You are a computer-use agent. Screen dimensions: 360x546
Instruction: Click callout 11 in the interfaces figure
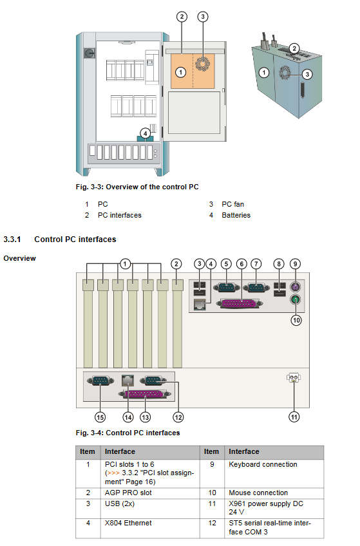pos(294,417)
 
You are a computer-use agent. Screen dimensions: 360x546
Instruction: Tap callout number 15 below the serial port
pos(100,417)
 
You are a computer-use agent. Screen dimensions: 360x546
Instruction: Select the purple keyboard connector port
pos(295,287)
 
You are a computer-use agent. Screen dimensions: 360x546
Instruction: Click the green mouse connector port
pos(295,299)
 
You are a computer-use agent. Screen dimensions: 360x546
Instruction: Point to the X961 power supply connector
pos(294,377)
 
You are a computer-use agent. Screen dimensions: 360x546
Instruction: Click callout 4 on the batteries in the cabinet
pos(145,133)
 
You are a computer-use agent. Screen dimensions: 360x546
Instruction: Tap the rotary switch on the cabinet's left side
pos(90,53)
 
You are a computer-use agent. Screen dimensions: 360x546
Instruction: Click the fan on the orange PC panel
pos(203,64)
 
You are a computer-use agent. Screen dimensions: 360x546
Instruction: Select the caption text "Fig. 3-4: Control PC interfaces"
pos(128,433)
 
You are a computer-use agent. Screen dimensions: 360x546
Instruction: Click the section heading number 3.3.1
pos(12,240)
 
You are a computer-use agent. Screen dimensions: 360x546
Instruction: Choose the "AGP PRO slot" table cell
pos(128,493)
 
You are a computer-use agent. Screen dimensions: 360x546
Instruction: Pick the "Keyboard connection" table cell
pos(263,464)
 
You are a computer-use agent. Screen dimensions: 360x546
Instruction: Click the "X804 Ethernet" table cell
pos(128,523)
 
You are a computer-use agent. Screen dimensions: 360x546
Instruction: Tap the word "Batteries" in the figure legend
pos(236,215)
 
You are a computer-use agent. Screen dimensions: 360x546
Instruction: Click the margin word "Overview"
pos(19,258)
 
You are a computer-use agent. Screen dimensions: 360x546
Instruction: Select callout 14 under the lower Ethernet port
pos(128,417)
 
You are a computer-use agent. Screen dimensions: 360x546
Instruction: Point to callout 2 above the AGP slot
pos(176,264)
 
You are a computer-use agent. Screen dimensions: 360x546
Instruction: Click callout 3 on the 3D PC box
pos(307,74)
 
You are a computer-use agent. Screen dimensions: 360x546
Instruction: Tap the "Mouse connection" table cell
pos(258,493)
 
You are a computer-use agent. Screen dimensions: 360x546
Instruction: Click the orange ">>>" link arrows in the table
pos(113,473)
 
